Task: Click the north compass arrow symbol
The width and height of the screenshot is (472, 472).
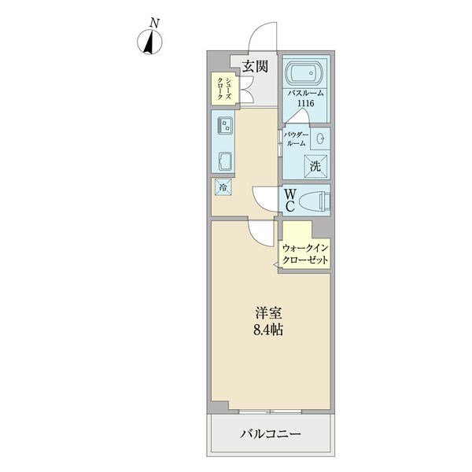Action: (x=149, y=42)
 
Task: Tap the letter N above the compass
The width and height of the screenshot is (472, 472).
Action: (x=155, y=23)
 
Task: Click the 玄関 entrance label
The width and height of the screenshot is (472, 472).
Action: (x=255, y=67)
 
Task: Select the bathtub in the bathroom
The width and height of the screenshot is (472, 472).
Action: (x=304, y=73)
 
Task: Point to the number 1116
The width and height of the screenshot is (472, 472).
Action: (x=305, y=103)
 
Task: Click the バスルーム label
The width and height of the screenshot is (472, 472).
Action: (x=305, y=93)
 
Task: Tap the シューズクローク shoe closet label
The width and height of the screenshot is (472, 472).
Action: (x=224, y=88)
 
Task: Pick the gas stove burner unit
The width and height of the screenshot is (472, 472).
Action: (x=225, y=126)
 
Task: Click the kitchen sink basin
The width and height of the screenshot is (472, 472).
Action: (x=225, y=161)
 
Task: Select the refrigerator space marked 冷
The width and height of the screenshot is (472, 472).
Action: (x=223, y=187)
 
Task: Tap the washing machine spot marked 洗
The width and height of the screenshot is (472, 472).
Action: (x=315, y=166)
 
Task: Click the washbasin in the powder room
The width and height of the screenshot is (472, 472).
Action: (x=321, y=138)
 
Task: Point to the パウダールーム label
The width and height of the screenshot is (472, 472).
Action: (x=297, y=139)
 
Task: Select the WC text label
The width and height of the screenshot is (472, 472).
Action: (x=289, y=201)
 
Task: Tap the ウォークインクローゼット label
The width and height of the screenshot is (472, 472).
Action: (x=305, y=254)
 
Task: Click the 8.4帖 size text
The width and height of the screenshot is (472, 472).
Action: (x=268, y=330)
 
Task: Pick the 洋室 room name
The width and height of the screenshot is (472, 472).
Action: (x=268, y=313)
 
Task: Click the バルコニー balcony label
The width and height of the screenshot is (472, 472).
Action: (x=271, y=433)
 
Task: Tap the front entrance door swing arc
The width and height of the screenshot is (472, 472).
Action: (x=256, y=31)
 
